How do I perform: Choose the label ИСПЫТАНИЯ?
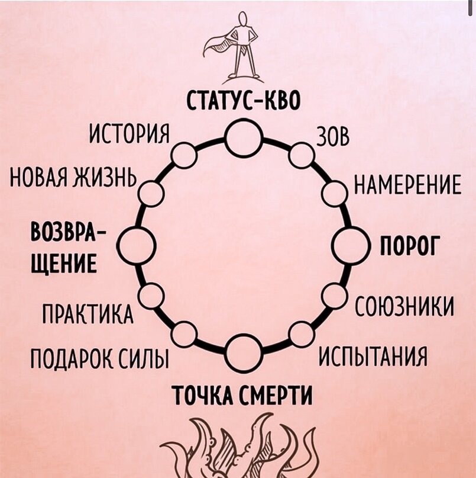(373, 357)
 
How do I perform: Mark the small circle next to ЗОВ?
(302, 155)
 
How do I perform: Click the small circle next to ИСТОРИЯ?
(184, 155)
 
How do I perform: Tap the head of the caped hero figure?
(242, 21)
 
